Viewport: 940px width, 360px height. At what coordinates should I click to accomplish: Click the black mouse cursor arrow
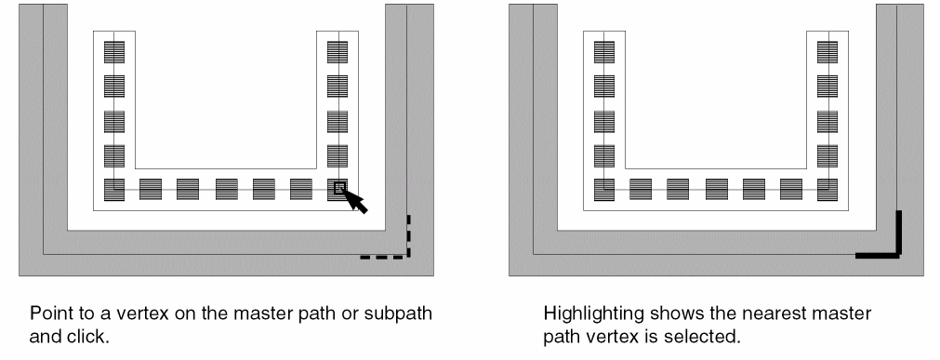point(354,200)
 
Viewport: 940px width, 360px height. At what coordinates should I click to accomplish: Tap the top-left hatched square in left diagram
point(114,52)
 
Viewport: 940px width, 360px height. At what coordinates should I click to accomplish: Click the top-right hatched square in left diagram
point(337,52)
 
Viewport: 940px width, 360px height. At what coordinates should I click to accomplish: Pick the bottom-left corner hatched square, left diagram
point(114,190)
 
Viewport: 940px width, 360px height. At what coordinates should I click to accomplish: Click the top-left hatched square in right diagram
point(604,52)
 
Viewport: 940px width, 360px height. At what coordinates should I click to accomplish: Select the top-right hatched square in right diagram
point(827,52)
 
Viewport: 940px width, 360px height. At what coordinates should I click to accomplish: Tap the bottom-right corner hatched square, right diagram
point(827,190)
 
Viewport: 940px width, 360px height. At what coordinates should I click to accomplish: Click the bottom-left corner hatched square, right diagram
point(604,190)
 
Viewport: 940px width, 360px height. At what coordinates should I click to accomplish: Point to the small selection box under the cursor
point(339,189)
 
